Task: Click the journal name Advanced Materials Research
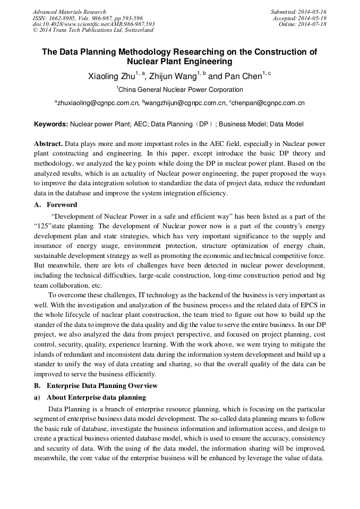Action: pos(69,12)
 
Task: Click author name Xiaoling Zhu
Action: pos(111,76)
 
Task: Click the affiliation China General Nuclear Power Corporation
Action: pos(181,90)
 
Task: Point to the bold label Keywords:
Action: pos(51,124)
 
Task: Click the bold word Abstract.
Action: pos(49,144)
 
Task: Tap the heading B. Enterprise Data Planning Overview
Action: pos(96,385)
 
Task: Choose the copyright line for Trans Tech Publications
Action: pos(93,30)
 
